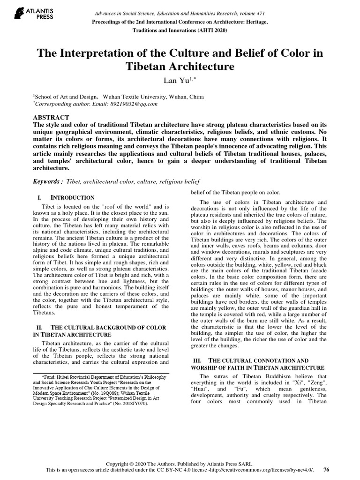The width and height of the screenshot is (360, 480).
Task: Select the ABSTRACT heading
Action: coord(52,117)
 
